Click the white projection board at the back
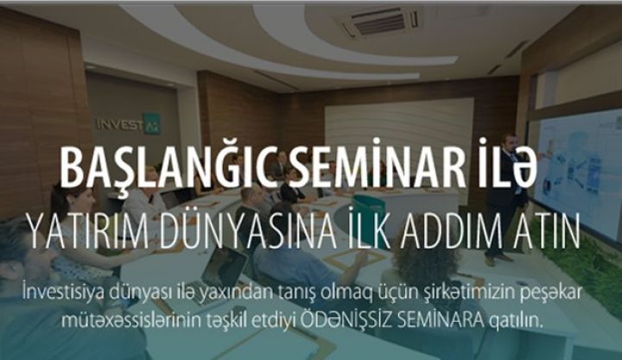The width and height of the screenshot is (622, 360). (397, 129)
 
